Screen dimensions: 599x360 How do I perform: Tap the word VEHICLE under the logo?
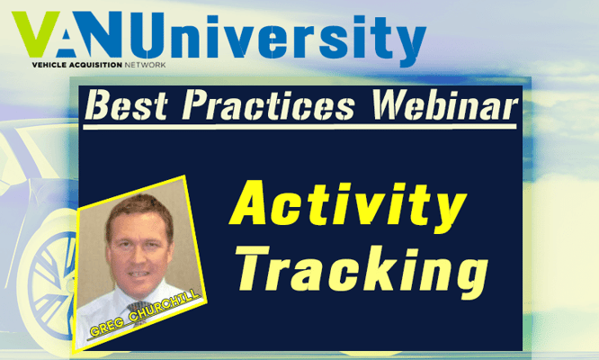pos(46,65)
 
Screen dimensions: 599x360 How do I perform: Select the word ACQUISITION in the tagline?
pos(92,65)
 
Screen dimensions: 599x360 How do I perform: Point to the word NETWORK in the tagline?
pos(145,65)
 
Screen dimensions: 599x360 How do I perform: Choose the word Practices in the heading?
pos(268,104)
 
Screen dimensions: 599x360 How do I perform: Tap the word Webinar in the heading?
pos(444,104)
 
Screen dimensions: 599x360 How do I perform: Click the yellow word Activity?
pos(348,206)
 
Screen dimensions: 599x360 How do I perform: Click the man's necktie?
pos(139,311)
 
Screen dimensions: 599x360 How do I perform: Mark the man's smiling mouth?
pos(139,274)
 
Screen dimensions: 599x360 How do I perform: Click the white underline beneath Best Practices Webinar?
pos(299,127)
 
